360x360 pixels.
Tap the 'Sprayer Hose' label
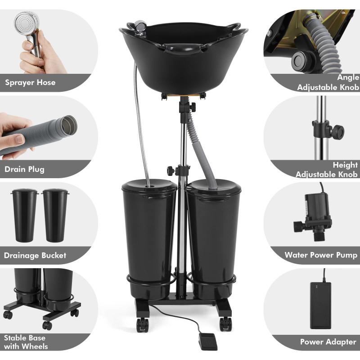click(x=30, y=82)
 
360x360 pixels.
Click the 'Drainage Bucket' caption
click(x=35, y=255)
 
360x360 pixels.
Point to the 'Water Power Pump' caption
click(x=321, y=255)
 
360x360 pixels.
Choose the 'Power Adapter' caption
click(x=328, y=342)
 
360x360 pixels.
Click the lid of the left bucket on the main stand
click(x=149, y=185)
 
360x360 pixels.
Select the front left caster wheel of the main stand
click(x=142, y=324)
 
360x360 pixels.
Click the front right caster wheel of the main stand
click(x=225, y=324)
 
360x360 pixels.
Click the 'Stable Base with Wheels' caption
click(x=26, y=342)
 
